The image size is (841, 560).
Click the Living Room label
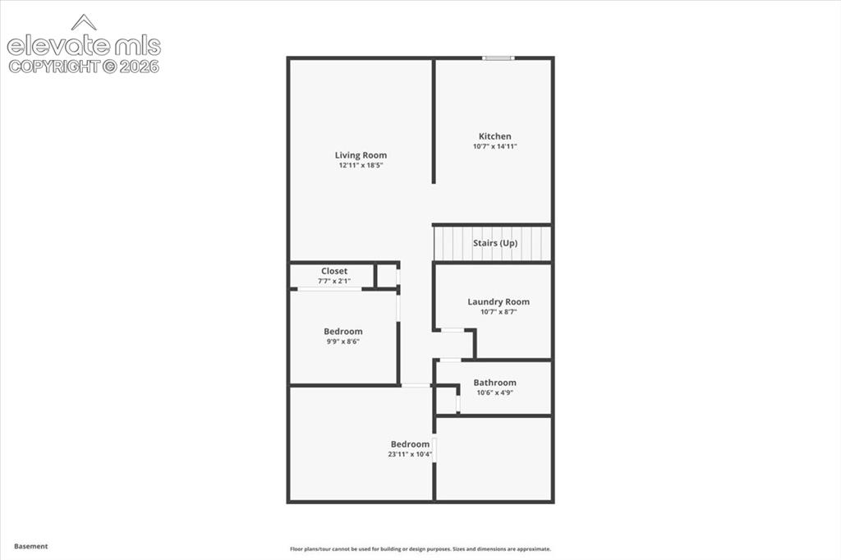click(361, 155)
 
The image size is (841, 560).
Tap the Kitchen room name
click(495, 136)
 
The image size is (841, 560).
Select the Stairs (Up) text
click(495, 243)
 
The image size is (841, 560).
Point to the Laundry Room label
click(499, 302)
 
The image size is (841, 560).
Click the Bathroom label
click(495, 383)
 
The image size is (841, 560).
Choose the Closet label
click(334, 271)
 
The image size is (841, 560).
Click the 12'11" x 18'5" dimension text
click(361, 165)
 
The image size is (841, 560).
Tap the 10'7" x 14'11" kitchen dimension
click(495, 146)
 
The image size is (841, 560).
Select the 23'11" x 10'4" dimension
click(410, 454)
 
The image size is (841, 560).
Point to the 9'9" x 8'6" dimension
click(343, 341)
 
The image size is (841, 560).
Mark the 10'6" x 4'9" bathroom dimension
click(495, 392)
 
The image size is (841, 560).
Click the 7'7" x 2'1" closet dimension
click(334, 281)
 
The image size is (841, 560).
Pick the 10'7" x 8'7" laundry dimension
click(499, 312)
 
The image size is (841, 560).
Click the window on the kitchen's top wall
click(499, 58)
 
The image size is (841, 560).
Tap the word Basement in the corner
click(31, 546)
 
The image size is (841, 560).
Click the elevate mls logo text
click(84, 46)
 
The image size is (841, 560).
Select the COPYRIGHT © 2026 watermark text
click(84, 67)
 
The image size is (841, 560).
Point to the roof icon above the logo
click(84, 22)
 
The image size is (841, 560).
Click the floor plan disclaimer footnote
click(420, 549)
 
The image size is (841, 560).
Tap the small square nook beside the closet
click(386, 276)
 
